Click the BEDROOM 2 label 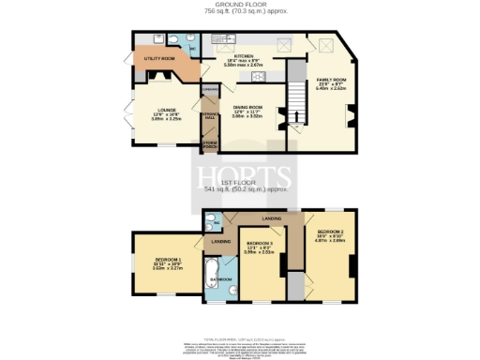336,232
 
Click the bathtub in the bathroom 207,275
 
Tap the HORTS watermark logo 239,175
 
